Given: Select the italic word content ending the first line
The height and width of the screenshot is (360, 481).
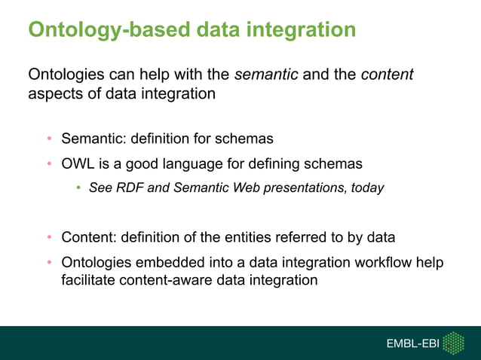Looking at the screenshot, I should point(387,75).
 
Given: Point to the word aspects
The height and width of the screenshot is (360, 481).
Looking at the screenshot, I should point(54,95).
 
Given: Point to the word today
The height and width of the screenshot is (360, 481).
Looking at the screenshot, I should point(367,188).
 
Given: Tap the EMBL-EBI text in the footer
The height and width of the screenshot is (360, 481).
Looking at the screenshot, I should point(412,344).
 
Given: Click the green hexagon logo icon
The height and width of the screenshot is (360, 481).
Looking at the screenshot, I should point(453,343).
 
